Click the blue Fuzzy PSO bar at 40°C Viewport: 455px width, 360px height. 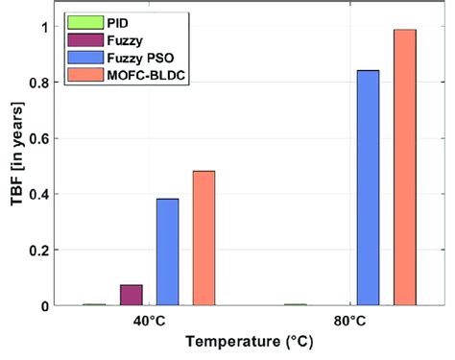pyautogui.click(x=167, y=252)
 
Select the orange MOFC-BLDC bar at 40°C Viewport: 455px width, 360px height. pyautogui.click(x=204, y=238)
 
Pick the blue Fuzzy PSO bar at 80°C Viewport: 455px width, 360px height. pyautogui.click(x=368, y=187)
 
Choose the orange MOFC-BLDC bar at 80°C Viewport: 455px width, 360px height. pyautogui.click(x=404, y=167)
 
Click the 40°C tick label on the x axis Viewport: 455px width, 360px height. pyautogui.click(x=149, y=320)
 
